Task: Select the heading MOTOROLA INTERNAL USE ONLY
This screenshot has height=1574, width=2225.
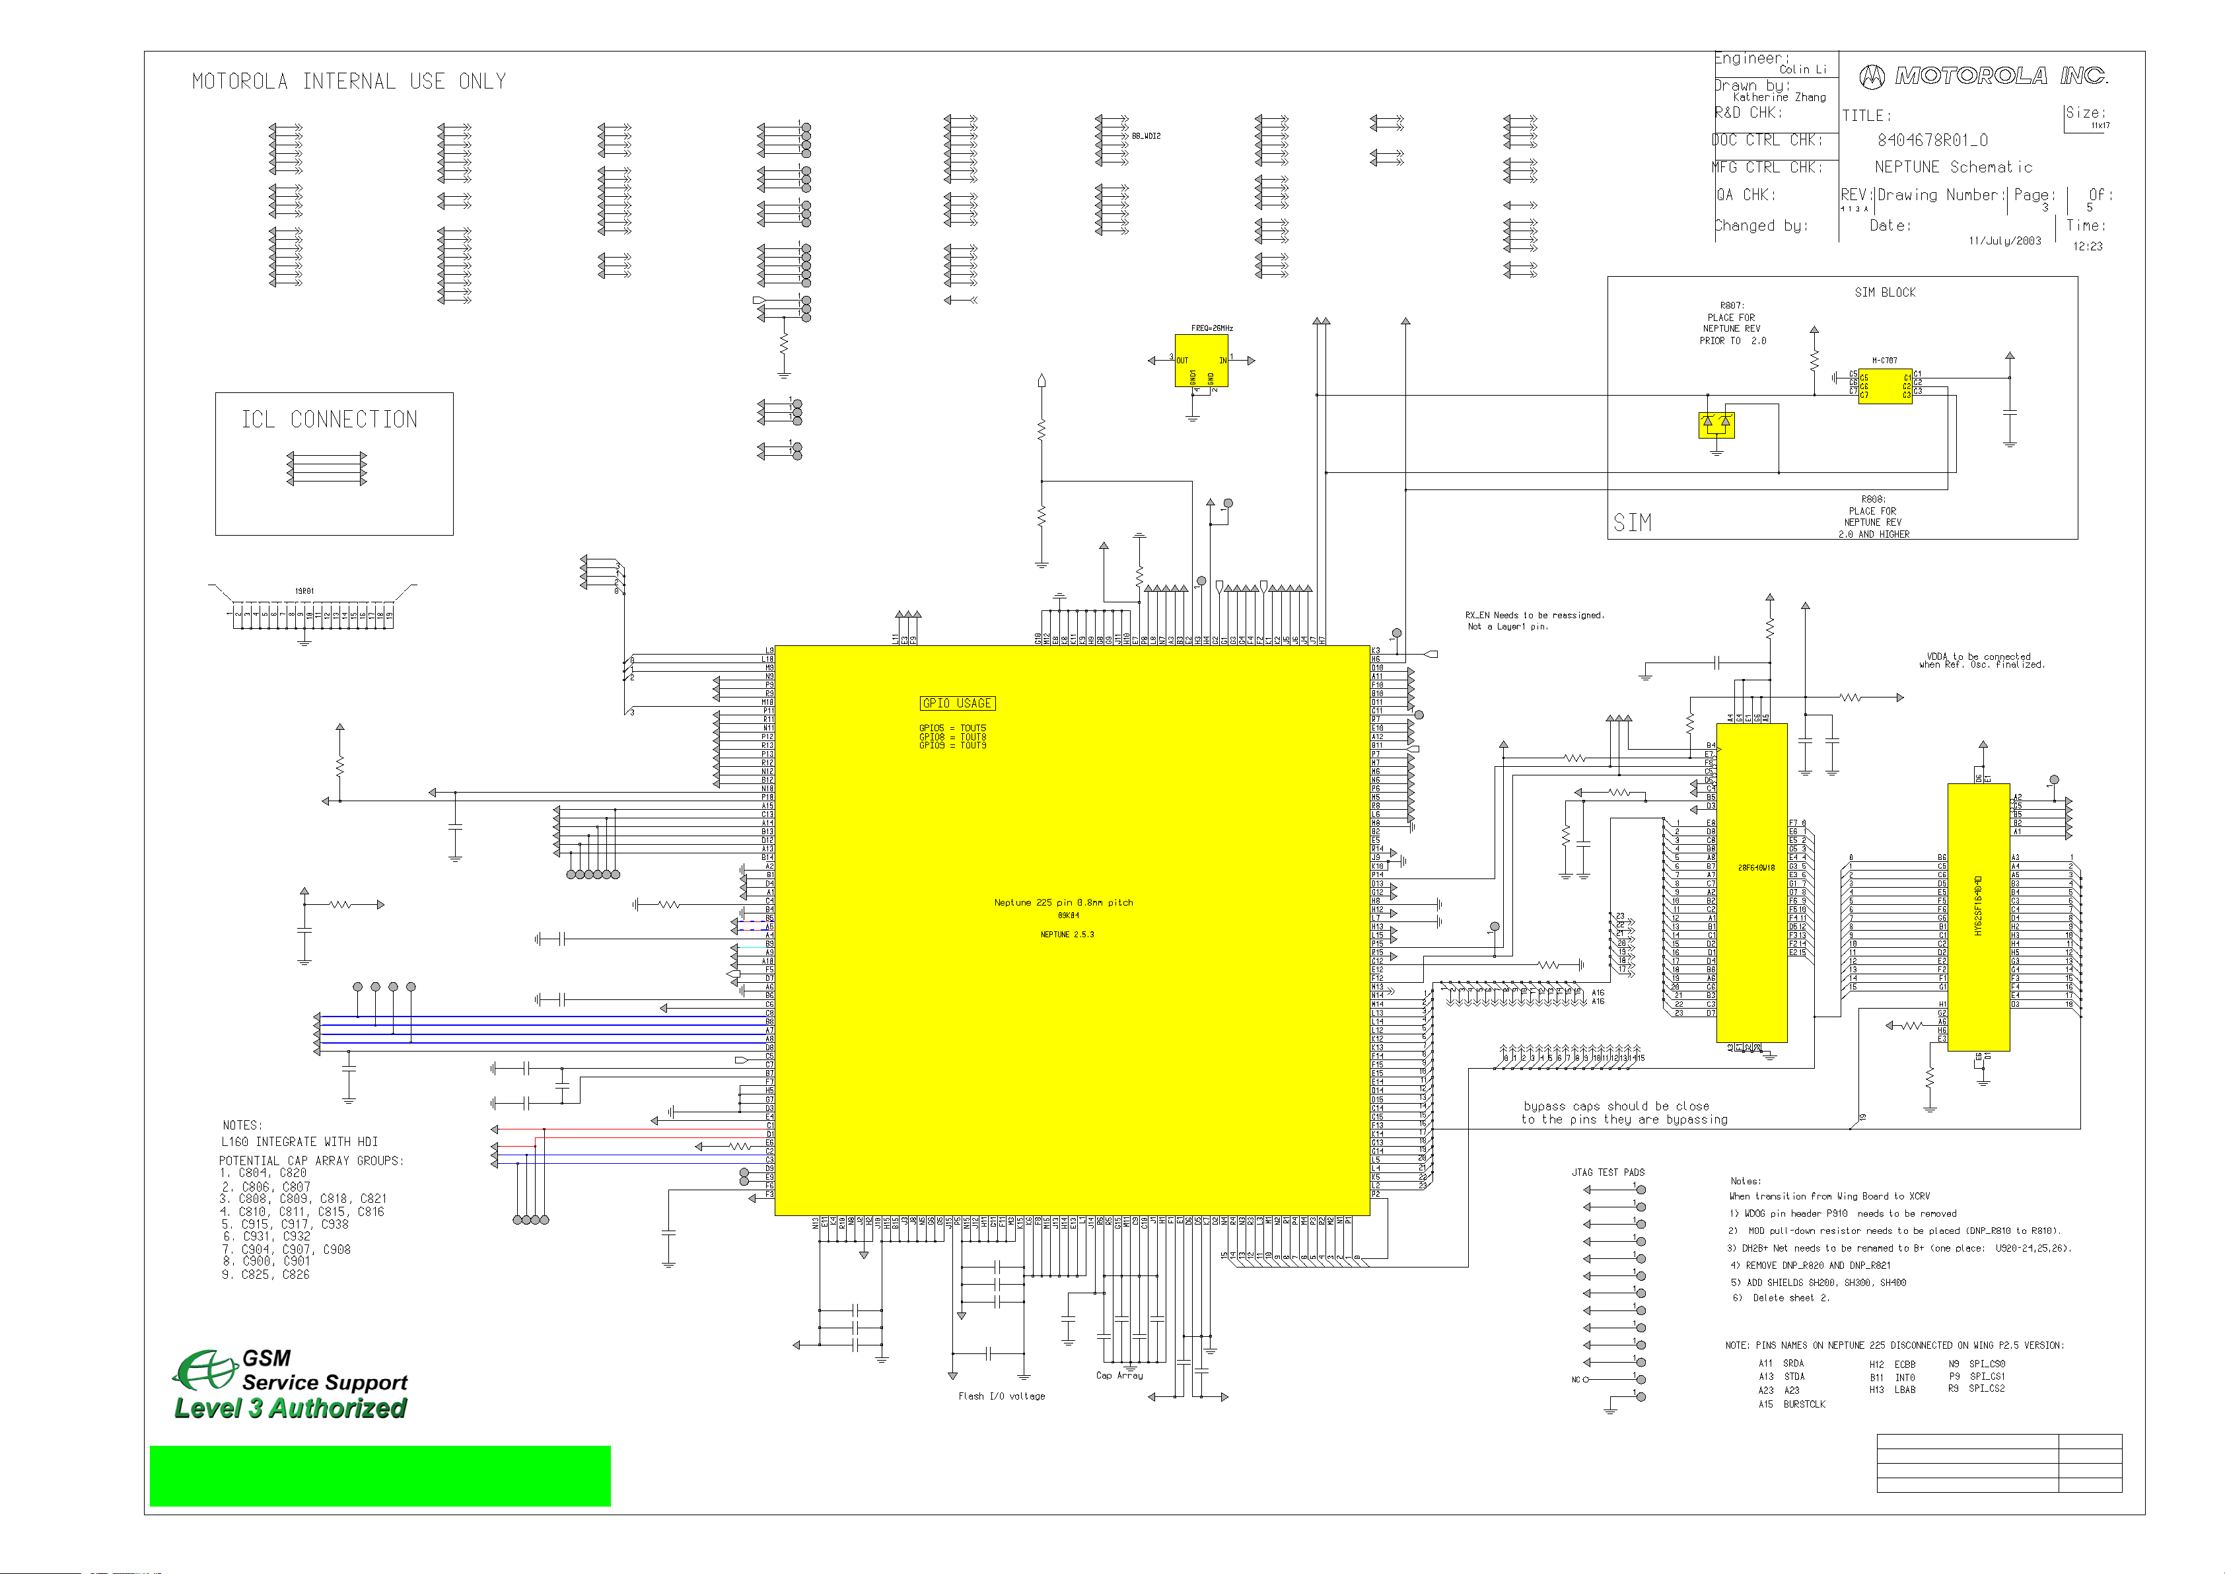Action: coord(349,81)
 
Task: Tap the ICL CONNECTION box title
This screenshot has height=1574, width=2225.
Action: coord(330,419)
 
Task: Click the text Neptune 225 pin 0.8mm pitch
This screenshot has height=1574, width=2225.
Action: coord(1063,902)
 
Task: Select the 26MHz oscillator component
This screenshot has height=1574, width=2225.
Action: coord(1201,361)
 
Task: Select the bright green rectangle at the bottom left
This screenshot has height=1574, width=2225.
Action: coord(380,1475)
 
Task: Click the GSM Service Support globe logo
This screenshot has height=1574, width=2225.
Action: coord(205,1369)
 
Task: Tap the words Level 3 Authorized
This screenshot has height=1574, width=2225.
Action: coord(291,1408)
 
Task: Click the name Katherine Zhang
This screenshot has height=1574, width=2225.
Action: coord(1779,98)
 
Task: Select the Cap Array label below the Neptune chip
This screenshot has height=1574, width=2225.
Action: coord(1119,1375)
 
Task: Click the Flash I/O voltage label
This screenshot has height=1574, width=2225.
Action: coord(1001,1396)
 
